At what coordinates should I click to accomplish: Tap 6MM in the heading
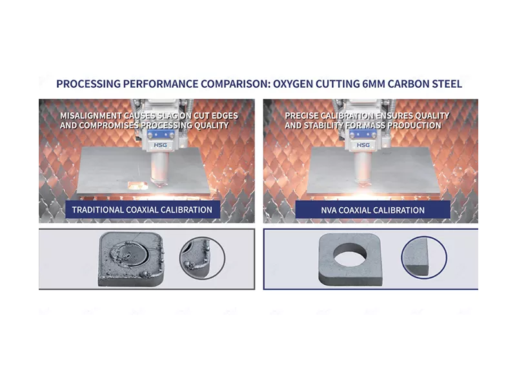tap(374, 84)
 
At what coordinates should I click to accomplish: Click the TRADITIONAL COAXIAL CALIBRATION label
tap(142, 210)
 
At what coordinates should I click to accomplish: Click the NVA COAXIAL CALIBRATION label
tap(372, 210)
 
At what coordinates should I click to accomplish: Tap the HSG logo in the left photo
tap(160, 145)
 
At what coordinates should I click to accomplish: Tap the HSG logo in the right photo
tap(363, 145)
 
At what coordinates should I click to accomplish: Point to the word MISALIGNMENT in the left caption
tap(91, 116)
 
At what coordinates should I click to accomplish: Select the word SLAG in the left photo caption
tap(168, 116)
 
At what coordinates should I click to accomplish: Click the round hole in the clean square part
tap(350, 255)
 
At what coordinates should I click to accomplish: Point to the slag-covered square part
tap(131, 259)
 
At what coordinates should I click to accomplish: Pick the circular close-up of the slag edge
tap(202, 258)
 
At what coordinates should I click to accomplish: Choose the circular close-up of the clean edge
tap(424, 258)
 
